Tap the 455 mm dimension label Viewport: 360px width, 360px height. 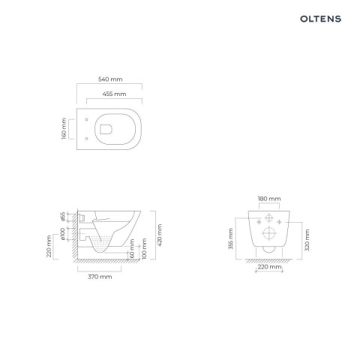point(114,94)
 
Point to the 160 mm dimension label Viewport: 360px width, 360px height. point(64,128)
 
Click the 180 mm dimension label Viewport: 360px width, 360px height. point(268,198)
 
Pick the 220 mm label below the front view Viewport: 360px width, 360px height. point(268,266)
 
